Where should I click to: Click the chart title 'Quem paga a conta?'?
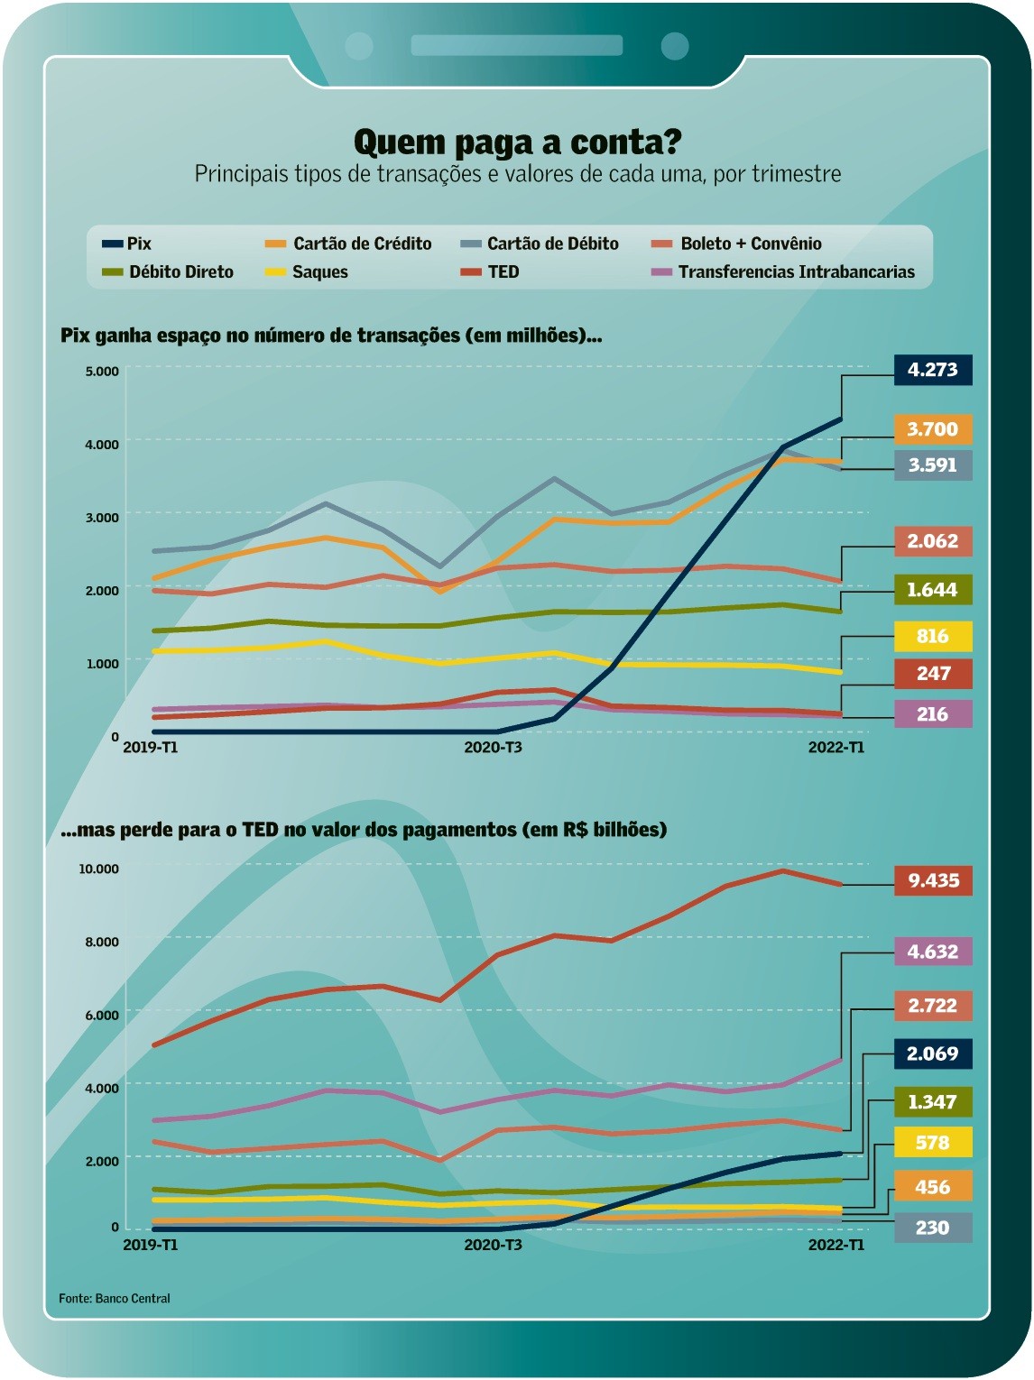pos(517,142)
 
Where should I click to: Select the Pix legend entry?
pos(127,244)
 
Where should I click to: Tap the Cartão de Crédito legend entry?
pos(349,244)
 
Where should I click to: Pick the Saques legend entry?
pos(307,272)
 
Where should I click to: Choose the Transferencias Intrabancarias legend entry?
pos(783,272)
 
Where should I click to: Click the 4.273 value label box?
pos(932,370)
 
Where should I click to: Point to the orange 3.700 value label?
pos(932,429)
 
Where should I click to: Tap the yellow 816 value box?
pos(932,637)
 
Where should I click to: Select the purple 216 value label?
pos(932,714)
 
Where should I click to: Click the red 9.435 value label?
pos(933,880)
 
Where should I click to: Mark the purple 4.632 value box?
pos(932,952)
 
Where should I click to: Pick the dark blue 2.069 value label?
pos(932,1053)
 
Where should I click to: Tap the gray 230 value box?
pos(932,1228)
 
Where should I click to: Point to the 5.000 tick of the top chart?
pos(102,372)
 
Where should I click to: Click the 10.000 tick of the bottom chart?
pos(98,869)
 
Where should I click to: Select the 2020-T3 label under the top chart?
pos(493,748)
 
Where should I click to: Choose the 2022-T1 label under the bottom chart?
pos(836,1246)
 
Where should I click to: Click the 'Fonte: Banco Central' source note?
pos(115,1299)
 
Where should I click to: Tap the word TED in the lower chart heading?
pos(260,830)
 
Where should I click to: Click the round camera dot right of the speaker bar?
pos(675,46)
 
